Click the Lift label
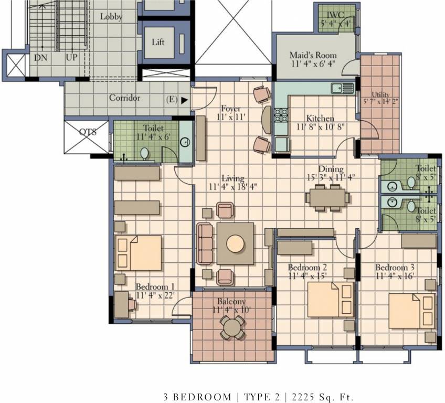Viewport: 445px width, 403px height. tap(158, 43)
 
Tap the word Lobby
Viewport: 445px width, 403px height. tap(111, 17)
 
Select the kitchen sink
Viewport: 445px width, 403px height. tap(336, 88)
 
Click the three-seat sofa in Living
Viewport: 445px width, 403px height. tap(205, 243)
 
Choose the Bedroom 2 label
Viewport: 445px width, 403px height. tap(308, 268)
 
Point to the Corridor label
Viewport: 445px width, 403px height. tap(124, 98)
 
